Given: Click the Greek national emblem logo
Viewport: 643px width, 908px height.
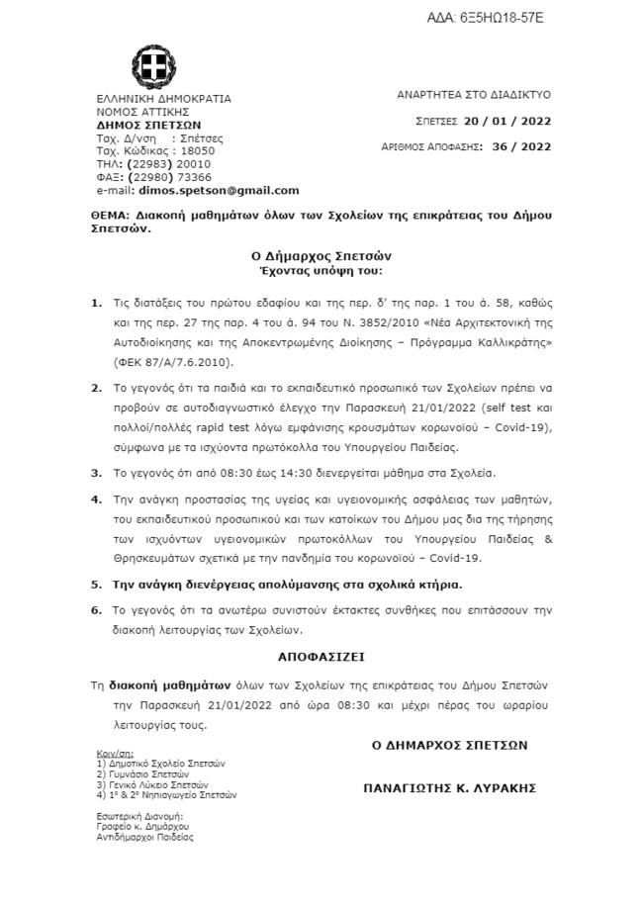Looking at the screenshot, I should coord(156,70).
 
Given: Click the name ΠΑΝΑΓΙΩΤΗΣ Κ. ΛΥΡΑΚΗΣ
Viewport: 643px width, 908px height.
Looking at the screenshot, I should coord(449,788).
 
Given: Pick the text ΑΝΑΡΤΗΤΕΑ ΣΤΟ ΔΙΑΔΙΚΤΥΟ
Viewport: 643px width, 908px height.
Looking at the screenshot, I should coord(474,96).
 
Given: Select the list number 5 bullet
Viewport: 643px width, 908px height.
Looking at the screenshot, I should coord(96,585).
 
